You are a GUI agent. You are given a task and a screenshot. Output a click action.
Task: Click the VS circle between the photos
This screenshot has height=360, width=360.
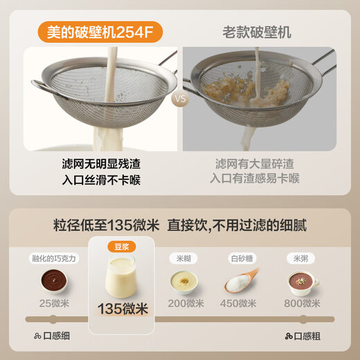pos(180,99)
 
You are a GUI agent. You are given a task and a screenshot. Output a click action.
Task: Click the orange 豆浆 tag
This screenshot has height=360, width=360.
pos(121,246)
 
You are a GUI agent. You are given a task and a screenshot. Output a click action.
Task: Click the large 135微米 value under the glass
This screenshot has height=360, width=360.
pos(121,309)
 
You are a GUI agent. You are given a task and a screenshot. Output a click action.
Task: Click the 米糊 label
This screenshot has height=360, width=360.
pos(186,258)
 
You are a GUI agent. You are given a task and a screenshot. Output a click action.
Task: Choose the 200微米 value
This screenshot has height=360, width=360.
pos(186,303)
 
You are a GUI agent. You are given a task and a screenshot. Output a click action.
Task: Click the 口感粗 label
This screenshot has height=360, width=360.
pos(303,336)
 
